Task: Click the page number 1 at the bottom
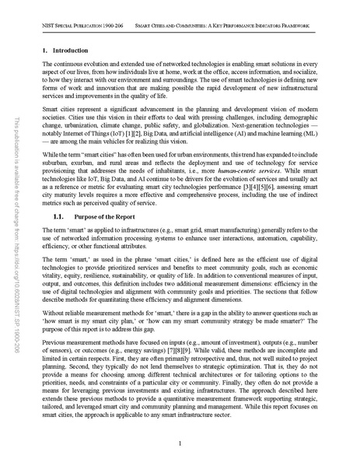180,443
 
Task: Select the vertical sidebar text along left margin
18,233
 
